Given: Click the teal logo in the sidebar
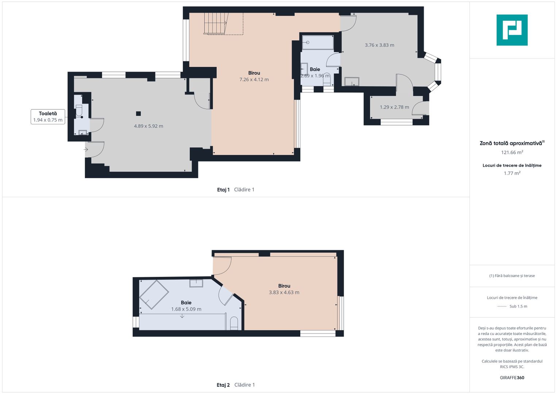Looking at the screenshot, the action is click(512, 30).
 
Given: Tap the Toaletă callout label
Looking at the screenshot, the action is click(48, 117).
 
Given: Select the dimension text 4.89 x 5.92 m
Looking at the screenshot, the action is click(148, 126).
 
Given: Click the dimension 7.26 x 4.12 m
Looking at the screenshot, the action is click(254, 80).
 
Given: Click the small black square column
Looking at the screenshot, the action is click(139, 114).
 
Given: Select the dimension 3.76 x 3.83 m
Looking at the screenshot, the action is click(379, 45).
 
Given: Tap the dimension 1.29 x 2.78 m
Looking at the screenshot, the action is click(394, 107).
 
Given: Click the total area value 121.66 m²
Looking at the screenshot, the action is click(512, 152).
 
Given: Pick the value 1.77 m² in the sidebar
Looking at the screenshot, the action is click(512, 173).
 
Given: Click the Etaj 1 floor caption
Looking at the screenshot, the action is click(236, 190).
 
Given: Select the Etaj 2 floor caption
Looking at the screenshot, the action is click(236, 385).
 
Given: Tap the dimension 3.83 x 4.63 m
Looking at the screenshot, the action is click(284, 293).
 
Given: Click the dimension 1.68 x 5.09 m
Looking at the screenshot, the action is click(186, 309).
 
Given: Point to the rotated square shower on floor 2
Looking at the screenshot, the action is click(154, 295).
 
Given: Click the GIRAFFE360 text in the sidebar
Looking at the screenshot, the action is click(512, 378).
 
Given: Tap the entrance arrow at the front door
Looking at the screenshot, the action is click(86, 150).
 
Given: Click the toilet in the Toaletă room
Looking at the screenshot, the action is click(79, 111).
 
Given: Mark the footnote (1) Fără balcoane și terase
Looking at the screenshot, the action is click(512, 275).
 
